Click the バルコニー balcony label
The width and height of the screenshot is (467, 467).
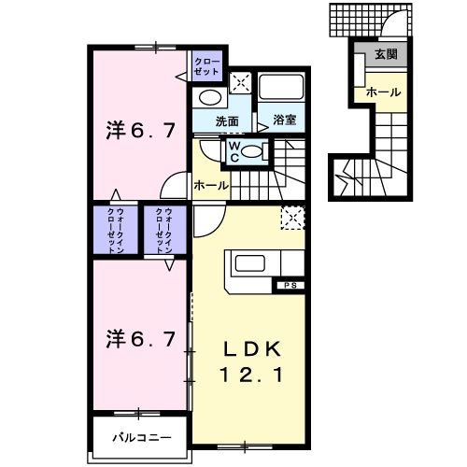(x=142, y=436)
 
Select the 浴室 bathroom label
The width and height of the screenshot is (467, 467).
(x=284, y=120)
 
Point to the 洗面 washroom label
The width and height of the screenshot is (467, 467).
(x=227, y=120)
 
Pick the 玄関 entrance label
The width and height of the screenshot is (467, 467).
(x=385, y=55)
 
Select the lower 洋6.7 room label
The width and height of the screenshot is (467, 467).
(x=138, y=339)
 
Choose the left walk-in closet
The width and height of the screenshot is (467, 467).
(x=116, y=230)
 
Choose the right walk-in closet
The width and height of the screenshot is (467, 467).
(x=167, y=230)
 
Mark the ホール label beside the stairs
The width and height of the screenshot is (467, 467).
(x=210, y=186)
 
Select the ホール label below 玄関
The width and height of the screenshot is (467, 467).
(x=383, y=92)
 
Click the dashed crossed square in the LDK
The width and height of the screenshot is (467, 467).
(x=292, y=219)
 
